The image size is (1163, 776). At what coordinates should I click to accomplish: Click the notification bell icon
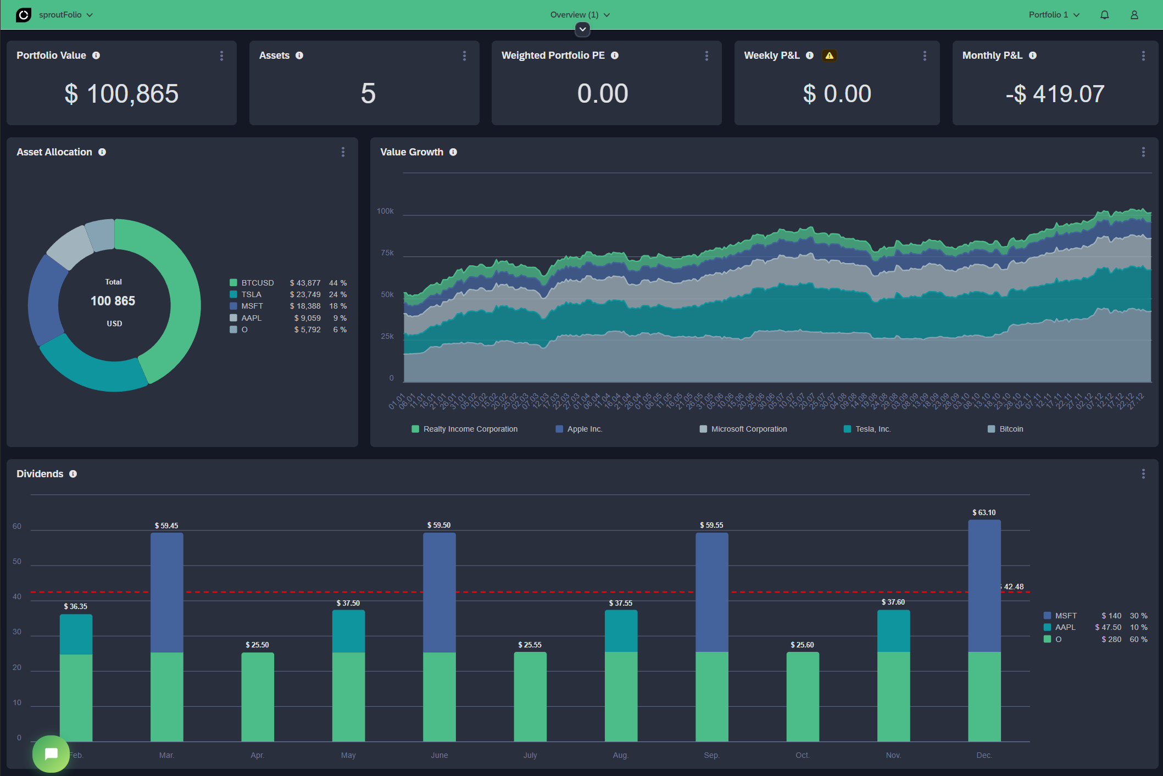coord(1104,15)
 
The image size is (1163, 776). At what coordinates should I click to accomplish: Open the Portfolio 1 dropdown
coord(1054,15)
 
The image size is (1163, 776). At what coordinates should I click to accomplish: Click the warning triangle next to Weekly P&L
coord(829,55)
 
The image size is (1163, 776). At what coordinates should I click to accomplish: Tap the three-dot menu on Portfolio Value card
coord(221,55)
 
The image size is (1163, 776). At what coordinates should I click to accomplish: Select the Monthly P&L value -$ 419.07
coord(1054,94)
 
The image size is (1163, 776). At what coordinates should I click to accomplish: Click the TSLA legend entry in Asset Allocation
coord(251,294)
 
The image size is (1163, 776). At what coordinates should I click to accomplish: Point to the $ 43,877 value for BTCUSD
coord(305,283)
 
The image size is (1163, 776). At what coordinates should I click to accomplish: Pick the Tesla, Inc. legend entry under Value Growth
coord(872,429)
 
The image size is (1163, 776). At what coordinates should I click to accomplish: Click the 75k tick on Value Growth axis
coord(387,253)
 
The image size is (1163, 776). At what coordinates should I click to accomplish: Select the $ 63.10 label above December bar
coord(983,512)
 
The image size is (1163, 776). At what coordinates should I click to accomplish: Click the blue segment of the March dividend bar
coord(166,593)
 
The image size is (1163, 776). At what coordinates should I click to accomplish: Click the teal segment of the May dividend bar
coord(348,632)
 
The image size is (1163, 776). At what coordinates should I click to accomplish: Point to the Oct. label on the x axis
coord(802,755)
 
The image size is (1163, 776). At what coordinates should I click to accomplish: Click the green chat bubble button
coord(51,753)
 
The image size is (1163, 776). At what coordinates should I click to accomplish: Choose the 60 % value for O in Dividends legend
coord(1138,639)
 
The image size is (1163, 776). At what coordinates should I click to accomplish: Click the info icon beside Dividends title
coord(73,474)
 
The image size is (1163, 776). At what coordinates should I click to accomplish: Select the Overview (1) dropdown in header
coord(580,15)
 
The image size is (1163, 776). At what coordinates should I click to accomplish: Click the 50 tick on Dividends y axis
coord(17,561)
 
